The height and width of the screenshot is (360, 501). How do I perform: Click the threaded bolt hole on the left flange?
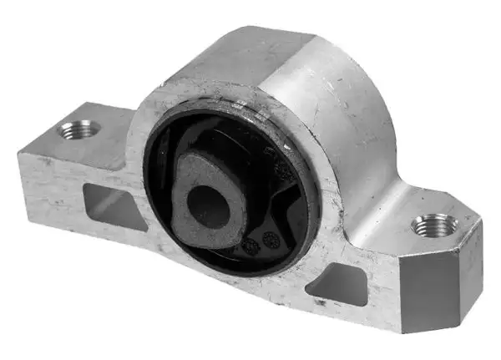click(x=79, y=129)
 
